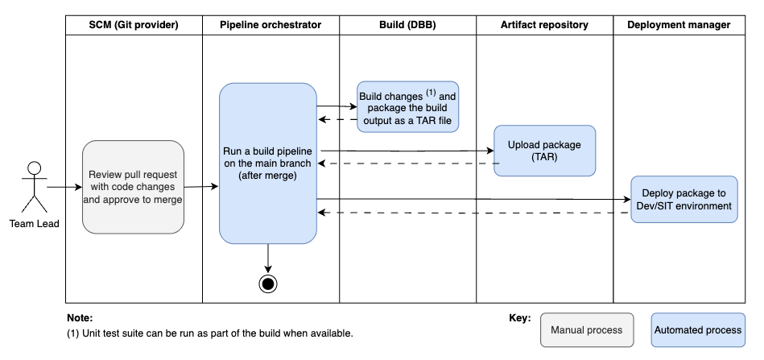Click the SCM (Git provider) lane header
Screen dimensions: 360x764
click(134, 25)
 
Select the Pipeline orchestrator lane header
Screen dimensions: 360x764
click(270, 25)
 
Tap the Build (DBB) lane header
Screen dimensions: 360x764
click(407, 25)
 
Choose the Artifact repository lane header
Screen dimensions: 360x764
click(544, 25)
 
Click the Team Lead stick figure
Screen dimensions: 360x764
click(33, 186)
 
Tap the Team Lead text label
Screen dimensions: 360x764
click(33, 223)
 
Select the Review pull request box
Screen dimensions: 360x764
click(134, 187)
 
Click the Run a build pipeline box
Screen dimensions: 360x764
click(267, 163)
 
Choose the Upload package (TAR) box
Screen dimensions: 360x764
click(544, 151)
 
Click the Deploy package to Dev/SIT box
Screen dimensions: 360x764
click(683, 199)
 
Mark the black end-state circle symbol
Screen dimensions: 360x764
click(268, 283)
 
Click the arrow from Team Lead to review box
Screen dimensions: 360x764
click(64, 187)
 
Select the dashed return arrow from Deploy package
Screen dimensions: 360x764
click(475, 213)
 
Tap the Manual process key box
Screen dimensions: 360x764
click(586, 330)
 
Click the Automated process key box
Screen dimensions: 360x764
click(697, 330)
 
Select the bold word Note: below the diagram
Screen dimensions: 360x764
click(80, 318)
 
